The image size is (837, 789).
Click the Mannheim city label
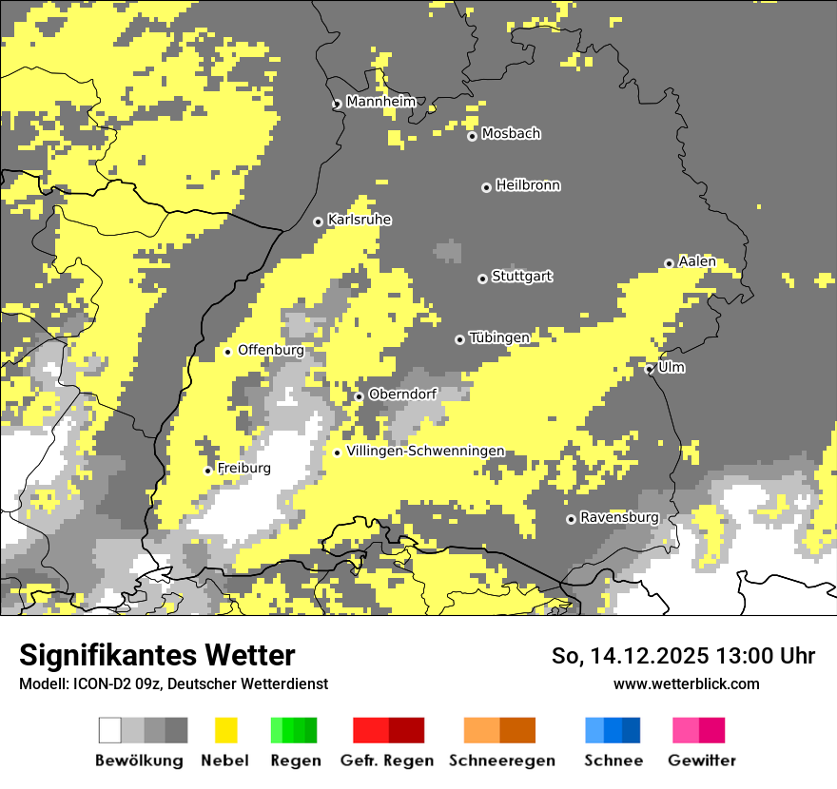(380, 102)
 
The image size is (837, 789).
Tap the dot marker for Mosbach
(472, 137)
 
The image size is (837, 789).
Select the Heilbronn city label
(528, 185)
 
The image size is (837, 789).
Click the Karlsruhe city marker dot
(319, 222)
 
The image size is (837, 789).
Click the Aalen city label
(696, 261)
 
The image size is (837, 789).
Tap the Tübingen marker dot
(460, 339)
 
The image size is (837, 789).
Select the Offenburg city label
(270, 350)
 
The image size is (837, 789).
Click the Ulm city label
(671, 367)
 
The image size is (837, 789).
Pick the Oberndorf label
(402, 394)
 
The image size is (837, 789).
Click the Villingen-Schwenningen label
(425, 451)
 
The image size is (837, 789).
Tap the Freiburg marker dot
(208, 471)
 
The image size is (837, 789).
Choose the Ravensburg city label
(619, 517)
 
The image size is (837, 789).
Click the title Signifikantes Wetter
(157, 655)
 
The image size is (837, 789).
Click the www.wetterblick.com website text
(686, 683)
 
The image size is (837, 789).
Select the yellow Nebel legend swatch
(225, 730)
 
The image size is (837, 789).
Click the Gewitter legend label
(701, 760)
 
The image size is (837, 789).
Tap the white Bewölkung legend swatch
(110, 730)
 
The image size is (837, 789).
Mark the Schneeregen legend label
(501, 760)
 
